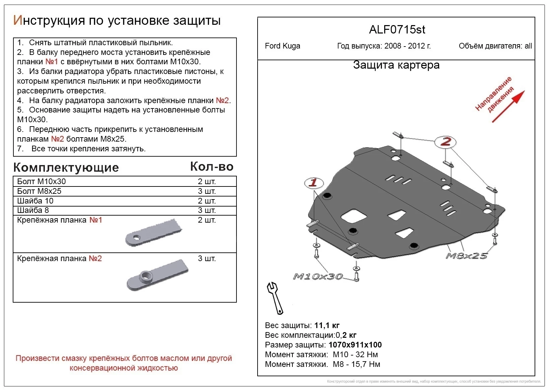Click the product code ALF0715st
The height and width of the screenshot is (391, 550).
397,30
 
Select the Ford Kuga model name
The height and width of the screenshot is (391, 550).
282,46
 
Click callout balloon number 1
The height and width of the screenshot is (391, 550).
314,183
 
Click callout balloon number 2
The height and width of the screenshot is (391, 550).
445,142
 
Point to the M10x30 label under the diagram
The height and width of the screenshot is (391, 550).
318,277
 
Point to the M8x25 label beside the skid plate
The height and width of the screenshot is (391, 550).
466,256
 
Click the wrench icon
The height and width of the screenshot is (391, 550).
275,298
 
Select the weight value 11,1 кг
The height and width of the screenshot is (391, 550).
327,325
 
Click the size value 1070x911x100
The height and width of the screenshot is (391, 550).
355,345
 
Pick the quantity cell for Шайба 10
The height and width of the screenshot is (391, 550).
207,201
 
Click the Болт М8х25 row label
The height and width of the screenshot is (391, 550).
39,191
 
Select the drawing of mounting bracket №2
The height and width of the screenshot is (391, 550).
157,275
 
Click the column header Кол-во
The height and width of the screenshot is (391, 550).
212,167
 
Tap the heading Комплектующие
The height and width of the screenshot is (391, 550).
66,167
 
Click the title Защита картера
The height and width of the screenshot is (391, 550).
396,65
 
